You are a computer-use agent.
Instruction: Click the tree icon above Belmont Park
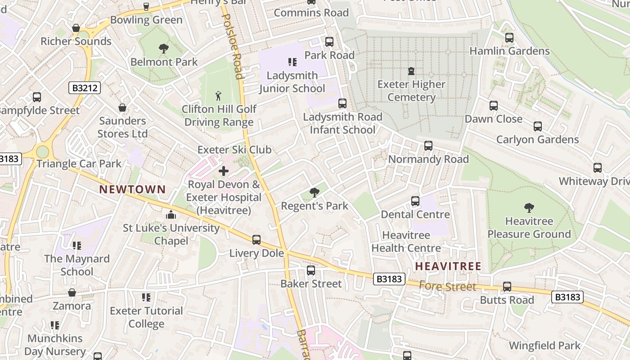[163, 48]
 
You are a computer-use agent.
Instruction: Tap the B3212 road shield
[85, 88]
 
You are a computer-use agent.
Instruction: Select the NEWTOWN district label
[132, 189]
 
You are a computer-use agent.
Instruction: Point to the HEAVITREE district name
[448, 266]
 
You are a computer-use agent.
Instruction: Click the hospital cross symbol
[223, 171]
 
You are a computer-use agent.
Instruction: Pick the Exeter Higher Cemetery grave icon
[411, 71]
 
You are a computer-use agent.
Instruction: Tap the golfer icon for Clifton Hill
[219, 96]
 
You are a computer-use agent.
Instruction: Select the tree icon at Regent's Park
[314, 193]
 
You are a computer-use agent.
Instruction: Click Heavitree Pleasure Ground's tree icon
[529, 208]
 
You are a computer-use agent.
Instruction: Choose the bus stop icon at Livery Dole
[256, 240]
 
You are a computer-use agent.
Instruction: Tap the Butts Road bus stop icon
[507, 287]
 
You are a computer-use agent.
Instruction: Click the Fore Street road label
[447, 286]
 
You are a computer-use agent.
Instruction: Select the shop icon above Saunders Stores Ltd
[122, 108]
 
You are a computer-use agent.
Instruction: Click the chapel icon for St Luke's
[171, 215]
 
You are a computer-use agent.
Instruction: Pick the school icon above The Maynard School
[77, 246]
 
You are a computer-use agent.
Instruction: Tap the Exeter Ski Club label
[234, 150]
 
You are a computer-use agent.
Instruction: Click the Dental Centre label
[415, 214]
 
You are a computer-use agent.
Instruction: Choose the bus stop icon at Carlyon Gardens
[537, 126]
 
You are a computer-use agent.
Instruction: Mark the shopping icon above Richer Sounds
[76, 28]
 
